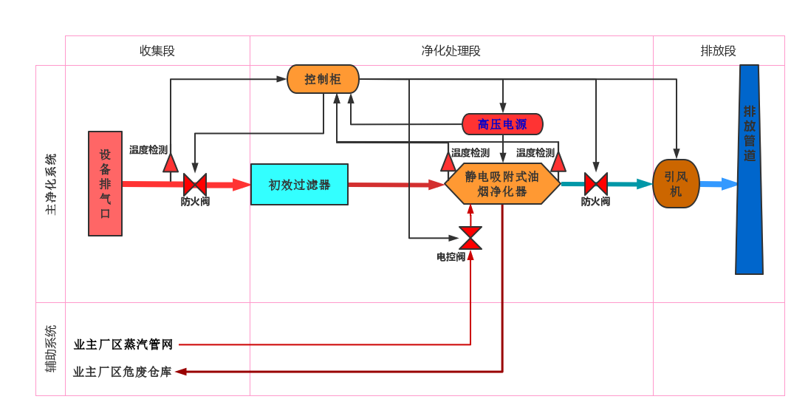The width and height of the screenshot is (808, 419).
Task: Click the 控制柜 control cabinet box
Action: point(323,79)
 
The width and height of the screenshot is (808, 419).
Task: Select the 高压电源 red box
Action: point(502,124)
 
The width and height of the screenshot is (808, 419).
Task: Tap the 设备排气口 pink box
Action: point(105,183)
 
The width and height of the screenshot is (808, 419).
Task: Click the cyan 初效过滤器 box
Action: point(299,185)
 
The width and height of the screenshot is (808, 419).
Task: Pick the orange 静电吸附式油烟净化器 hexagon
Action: point(502,184)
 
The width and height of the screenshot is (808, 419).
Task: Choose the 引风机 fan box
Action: point(676,184)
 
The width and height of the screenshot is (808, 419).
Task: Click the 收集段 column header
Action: point(157,51)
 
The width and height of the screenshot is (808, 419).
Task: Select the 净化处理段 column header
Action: point(451,51)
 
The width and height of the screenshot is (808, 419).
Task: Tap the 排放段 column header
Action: point(719,51)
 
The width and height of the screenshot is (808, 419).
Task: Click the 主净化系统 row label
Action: point(50,184)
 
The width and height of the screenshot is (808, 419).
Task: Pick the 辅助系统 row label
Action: point(50,348)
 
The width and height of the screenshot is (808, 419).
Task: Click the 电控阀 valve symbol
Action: point(470,238)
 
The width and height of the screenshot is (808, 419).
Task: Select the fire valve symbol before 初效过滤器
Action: point(194,184)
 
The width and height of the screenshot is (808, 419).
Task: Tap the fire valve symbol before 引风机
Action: point(595,184)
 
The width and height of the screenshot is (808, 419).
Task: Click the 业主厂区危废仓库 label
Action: point(123,372)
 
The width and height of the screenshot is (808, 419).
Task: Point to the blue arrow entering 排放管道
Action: point(718,184)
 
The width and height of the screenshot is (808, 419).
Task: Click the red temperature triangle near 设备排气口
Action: point(171,163)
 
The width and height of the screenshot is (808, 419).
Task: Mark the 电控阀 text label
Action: point(451,257)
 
